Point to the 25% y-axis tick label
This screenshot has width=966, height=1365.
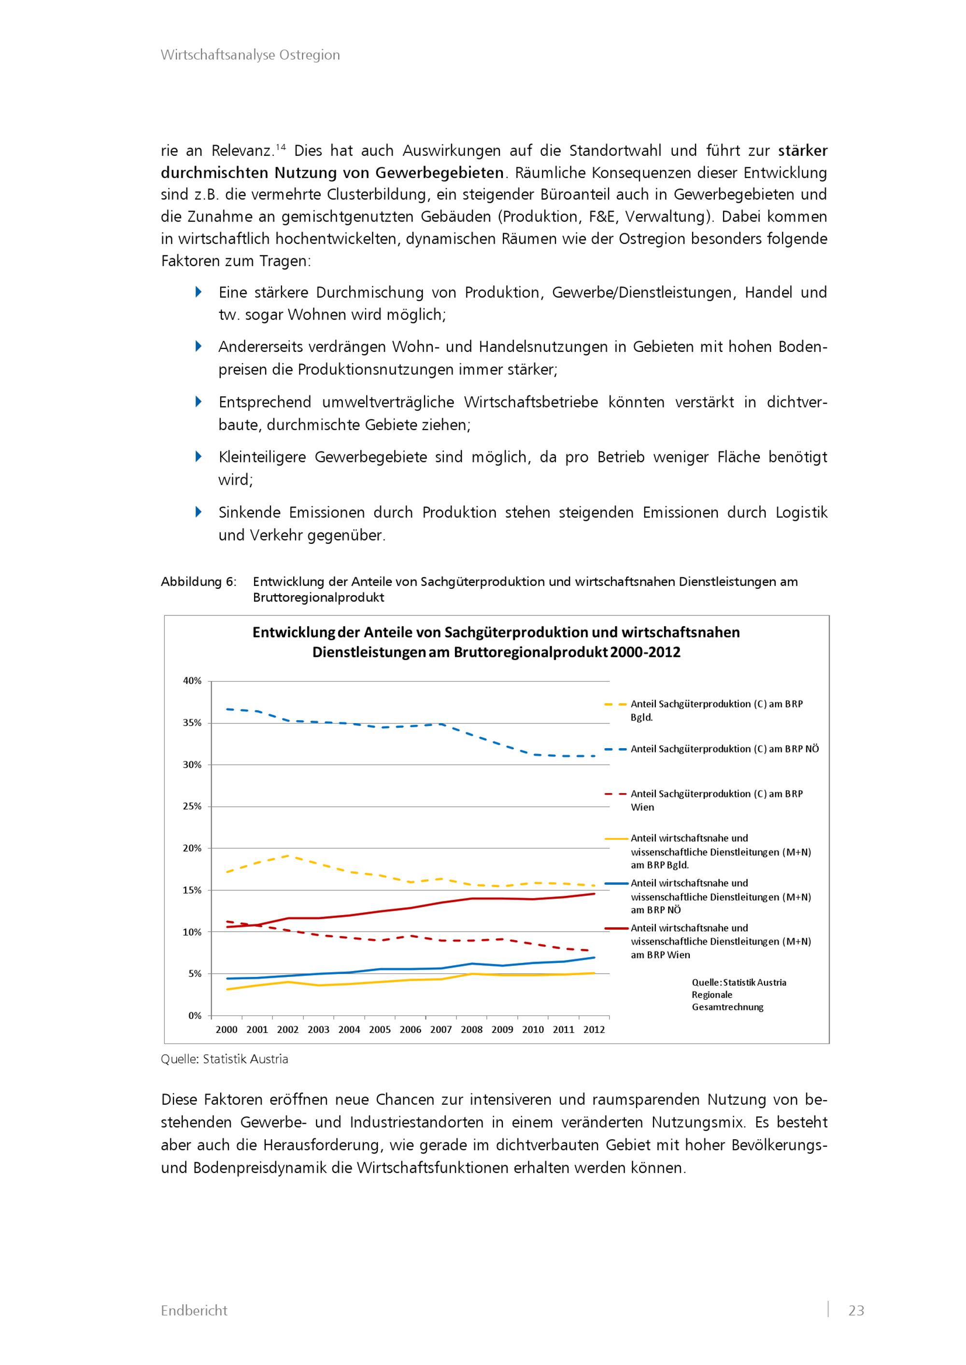192,806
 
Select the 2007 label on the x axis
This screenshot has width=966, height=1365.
441,1030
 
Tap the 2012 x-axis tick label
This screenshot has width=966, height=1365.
594,1030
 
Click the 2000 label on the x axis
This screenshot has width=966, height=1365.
226,1030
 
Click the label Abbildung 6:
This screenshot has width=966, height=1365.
198,582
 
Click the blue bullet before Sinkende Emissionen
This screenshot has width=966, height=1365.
199,512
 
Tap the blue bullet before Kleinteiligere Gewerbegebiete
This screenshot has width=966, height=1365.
199,457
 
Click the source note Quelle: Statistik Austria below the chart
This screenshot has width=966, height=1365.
224,1059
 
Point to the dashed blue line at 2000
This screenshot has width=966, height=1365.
227,709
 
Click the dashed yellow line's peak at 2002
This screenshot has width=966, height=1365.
288,855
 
